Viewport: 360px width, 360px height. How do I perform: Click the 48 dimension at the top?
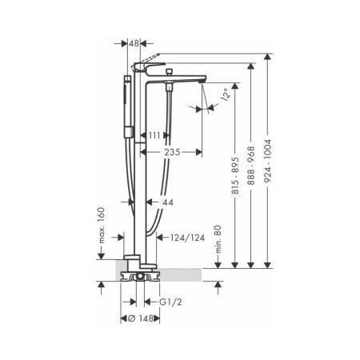pos(134,45)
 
